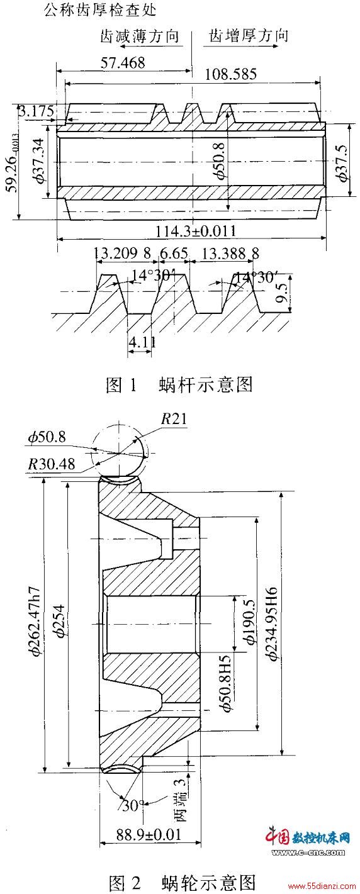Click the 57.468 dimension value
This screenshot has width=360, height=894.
[123, 63]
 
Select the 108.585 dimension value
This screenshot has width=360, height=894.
[231, 74]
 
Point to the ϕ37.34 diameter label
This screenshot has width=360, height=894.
[39, 160]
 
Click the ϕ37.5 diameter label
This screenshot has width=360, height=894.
[342, 164]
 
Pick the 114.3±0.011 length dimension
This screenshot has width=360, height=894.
[195, 230]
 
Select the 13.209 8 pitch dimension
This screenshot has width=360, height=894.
[123, 253]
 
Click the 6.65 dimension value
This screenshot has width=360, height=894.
[174, 253]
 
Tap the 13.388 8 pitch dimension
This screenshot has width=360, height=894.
[230, 253]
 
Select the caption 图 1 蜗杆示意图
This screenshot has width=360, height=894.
[179, 384]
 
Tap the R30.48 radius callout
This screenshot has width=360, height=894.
[52, 464]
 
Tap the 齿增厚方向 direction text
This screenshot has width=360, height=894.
[248, 36]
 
